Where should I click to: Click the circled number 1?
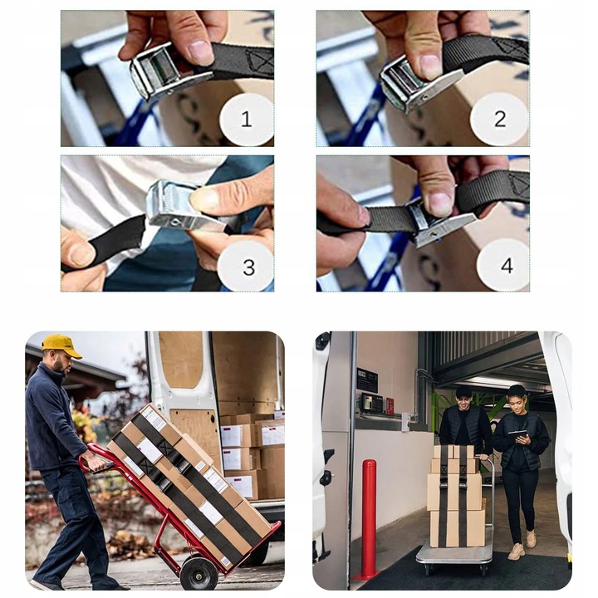247,119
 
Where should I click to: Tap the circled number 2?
500,119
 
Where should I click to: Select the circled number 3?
248,267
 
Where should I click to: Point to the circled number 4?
507,266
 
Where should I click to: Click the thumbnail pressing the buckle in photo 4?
439,201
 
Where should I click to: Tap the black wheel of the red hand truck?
199,573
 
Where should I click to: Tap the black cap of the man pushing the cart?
464,391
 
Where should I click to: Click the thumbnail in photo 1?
201,51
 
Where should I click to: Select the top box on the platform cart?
453,452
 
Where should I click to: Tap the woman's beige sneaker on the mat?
516,551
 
